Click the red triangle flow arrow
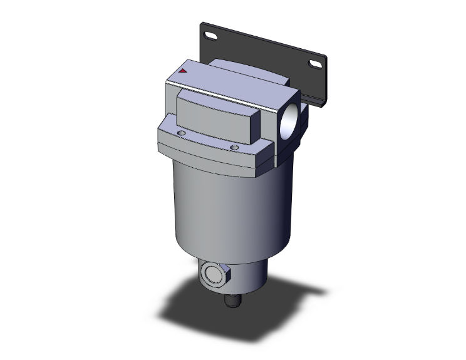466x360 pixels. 182,71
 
